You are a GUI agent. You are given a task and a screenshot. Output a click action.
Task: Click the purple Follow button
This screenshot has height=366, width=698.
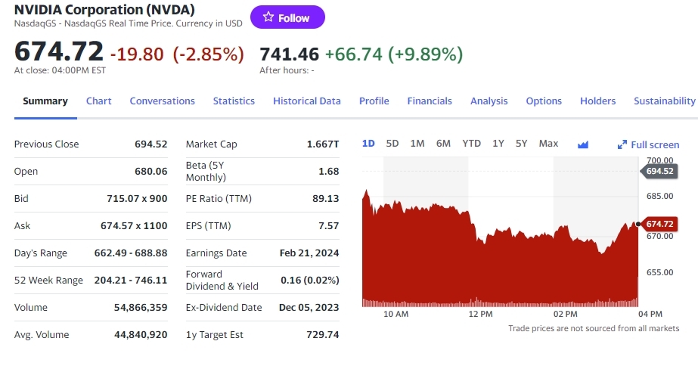coord(287,17)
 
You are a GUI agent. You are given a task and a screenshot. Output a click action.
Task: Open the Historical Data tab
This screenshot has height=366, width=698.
coord(307,101)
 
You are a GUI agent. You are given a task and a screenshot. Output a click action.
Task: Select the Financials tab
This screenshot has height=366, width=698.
coord(430,101)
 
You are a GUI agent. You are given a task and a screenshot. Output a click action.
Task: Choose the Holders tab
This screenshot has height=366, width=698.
coord(597,101)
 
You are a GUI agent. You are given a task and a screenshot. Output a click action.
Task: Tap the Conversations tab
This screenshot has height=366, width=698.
coord(162,101)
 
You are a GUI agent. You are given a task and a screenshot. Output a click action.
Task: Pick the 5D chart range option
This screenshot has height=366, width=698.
coord(392,144)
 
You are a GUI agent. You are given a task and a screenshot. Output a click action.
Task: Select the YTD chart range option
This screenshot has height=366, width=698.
coord(471,144)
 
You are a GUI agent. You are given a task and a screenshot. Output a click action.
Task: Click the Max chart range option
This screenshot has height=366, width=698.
coord(548,144)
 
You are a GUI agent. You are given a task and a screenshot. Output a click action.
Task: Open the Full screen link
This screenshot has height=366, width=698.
coord(649,144)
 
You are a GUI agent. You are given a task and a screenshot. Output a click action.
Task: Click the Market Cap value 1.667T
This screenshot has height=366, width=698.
coord(323,144)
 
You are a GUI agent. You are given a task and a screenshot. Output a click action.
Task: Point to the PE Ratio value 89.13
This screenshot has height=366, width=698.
coord(324,198)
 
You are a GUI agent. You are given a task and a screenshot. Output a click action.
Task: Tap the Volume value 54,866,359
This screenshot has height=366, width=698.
coord(141,307)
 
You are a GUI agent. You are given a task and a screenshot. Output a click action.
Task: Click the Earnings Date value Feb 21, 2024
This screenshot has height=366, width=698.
coord(309,253)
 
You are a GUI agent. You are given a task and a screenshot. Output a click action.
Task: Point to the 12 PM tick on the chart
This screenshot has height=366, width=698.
coord(480,313)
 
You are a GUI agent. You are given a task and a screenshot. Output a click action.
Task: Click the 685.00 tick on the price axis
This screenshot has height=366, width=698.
coord(660,197)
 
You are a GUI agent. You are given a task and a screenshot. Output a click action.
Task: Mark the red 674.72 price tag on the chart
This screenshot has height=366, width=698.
coord(659,224)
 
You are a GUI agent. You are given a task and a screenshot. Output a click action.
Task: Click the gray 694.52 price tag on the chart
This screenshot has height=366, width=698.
coord(659,171)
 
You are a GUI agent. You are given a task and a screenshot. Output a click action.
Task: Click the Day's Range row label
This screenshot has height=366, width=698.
coord(41,253)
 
